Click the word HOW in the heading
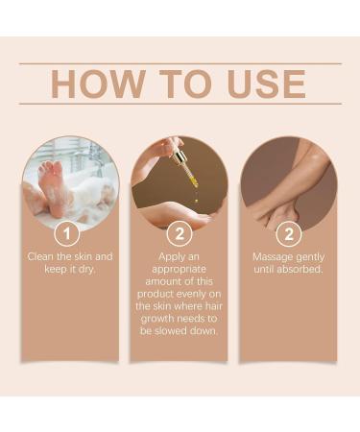click(x=97, y=84)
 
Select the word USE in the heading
click(x=267, y=84)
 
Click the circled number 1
click(x=67, y=233)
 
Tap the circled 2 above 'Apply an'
click(x=180, y=233)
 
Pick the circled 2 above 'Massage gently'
click(x=289, y=233)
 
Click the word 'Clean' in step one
click(x=40, y=256)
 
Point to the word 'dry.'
click(x=87, y=270)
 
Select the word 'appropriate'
click(x=179, y=270)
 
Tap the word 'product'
click(x=156, y=294)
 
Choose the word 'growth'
click(x=157, y=319)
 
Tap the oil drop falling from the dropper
click(x=196, y=201)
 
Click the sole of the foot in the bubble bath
click(x=52, y=185)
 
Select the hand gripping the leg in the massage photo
click(x=276, y=213)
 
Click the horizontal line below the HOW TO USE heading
click(x=180, y=104)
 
